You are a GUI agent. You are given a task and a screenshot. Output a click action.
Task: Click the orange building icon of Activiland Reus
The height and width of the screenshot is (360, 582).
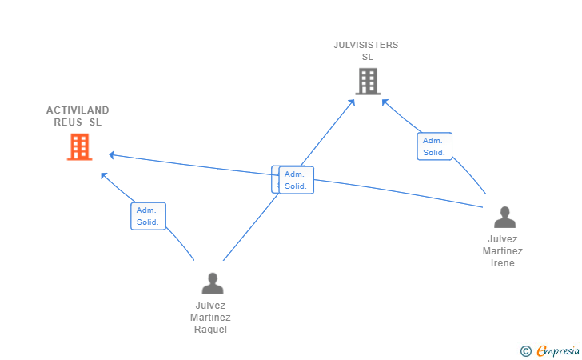(79, 147)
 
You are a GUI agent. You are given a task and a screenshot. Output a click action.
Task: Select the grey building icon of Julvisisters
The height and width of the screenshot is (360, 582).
(367, 81)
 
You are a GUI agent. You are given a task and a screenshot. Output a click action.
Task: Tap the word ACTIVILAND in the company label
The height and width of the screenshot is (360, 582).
(78, 110)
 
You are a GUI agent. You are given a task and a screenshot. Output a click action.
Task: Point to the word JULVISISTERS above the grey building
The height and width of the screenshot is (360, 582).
(366, 45)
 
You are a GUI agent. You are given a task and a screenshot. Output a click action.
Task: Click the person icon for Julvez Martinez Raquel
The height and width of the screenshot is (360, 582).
(212, 283)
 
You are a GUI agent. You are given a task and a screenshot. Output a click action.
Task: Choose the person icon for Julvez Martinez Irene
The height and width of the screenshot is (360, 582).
(504, 217)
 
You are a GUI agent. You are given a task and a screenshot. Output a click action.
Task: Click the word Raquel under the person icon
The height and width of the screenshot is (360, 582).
(211, 330)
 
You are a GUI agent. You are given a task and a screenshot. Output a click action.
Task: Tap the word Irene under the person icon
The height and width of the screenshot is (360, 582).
(503, 263)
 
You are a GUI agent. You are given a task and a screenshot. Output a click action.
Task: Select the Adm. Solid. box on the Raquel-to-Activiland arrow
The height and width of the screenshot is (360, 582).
(148, 216)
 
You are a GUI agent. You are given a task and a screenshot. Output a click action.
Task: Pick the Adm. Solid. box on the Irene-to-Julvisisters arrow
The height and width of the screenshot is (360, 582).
(434, 146)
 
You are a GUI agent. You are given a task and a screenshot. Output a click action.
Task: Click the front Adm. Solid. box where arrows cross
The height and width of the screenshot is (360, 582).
(297, 180)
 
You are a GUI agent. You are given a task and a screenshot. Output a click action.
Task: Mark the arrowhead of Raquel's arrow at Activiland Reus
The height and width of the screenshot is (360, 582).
(103, 174)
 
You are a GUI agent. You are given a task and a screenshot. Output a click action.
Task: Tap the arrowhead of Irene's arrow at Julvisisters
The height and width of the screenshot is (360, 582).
(385, 102)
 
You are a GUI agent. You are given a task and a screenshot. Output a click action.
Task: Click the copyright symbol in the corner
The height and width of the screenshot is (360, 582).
(525, 350)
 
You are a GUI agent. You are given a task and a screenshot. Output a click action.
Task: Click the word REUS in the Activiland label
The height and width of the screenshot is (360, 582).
(68, 122)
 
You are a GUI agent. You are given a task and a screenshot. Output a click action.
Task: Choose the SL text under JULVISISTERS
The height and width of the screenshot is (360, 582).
(367, 57)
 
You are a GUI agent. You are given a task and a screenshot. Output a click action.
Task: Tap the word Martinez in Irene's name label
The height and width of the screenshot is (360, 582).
(503, 251)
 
